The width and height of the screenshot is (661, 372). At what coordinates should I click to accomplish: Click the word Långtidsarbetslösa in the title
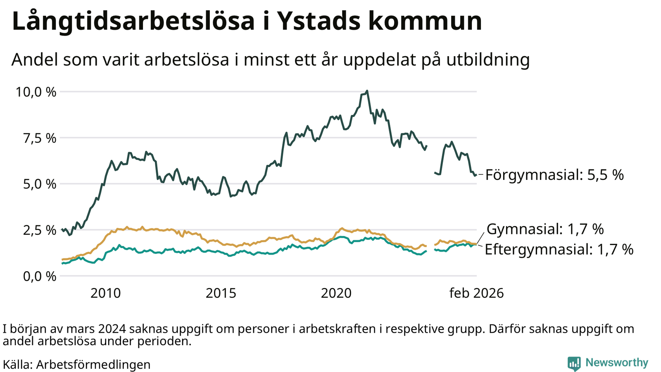pos(133,21)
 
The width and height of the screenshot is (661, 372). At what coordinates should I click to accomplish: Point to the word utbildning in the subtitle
pos(487,60)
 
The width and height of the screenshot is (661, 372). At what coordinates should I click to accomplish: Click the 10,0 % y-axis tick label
pos(36,92)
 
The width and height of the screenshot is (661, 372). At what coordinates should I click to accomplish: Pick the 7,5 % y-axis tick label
pos(39,138)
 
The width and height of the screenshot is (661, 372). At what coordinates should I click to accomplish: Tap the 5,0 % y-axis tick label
pos(39,184)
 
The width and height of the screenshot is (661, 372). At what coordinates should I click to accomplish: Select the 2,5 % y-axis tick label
pos(39,230)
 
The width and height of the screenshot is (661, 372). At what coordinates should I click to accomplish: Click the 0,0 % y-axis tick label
pos(39,276)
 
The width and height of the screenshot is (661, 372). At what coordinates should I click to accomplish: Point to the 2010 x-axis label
pos(106,293)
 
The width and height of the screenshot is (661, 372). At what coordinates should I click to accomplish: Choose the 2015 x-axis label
pos(221,293)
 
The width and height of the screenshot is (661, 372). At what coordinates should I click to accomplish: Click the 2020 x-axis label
pos(336,293)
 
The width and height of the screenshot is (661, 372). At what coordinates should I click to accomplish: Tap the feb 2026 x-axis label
pos(476,293)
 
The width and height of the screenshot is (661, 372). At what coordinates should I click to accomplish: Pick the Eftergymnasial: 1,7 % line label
pos(559,250)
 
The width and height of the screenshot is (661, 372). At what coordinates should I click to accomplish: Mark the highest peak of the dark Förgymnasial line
pos(367,91)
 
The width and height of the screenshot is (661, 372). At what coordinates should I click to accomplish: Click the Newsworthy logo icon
pos(574,363)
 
